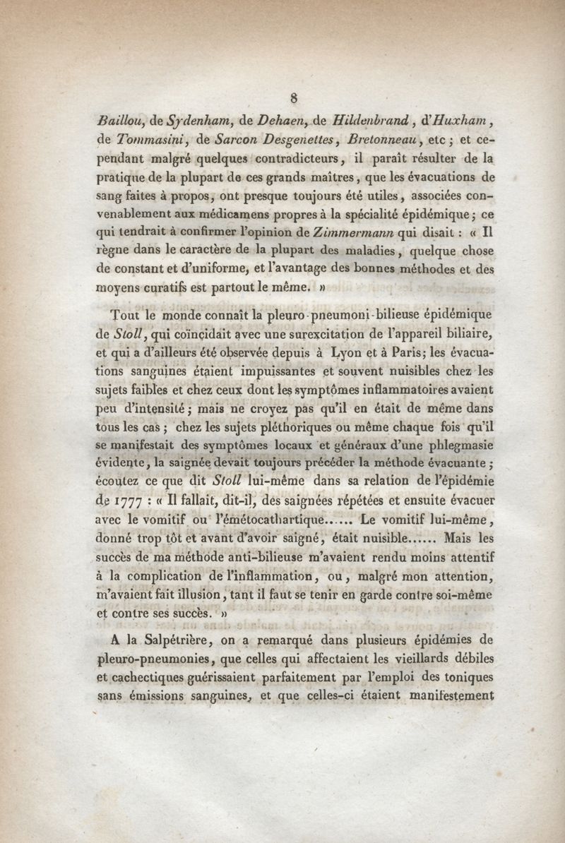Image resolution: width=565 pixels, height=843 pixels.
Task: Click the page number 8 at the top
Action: [x=292, y=97]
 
